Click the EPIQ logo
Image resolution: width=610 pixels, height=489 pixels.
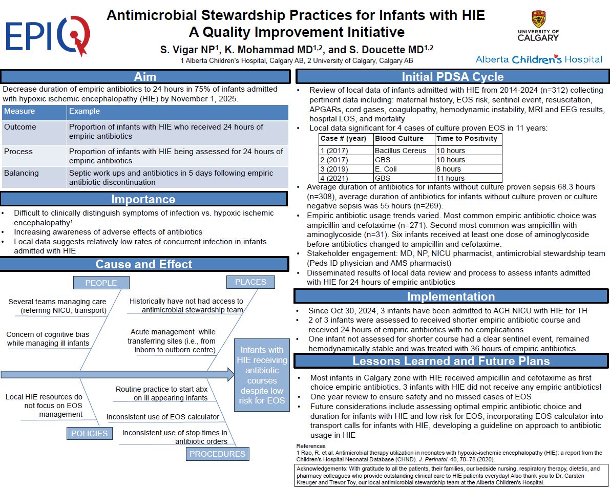tap(48, 36)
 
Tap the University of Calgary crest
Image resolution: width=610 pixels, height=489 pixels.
tap(538, 20)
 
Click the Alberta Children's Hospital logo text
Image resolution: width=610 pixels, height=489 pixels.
tap(539, 59)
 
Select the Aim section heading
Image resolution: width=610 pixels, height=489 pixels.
tap(145, 77)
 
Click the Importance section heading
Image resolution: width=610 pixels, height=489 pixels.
tap(143, 199)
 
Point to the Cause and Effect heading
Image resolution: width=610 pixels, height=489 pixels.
tap(144, 264)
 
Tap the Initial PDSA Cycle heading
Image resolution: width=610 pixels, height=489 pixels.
tap(452, 77)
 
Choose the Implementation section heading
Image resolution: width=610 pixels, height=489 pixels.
tap(451, 296)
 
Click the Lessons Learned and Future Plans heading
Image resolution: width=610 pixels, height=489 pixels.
tap(451, 361)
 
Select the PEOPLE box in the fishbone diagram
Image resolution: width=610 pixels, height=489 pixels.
tap(101, 283)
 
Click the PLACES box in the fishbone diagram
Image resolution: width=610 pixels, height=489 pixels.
tap(250, 282)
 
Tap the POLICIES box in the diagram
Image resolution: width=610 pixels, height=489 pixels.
tap(89, 433)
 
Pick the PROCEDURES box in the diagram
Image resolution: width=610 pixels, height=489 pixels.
tap(217, 454)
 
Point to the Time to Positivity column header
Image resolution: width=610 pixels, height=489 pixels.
tap(467, 138)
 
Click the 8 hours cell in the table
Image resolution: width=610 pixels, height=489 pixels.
tap(449, 169)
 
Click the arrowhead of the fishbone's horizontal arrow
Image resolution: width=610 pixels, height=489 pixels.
tap(229, 374)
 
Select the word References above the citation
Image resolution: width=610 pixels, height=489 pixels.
tap(311, 446)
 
